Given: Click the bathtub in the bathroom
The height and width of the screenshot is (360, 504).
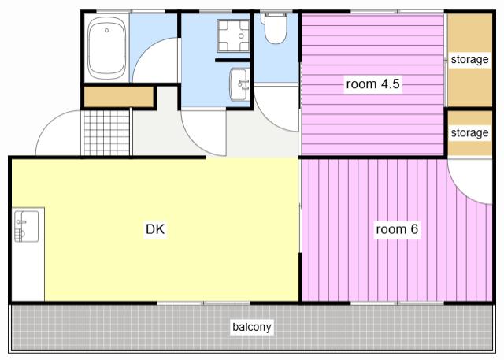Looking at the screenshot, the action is [x=107, y=47].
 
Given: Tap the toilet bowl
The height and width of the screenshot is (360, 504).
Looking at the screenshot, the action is [x=276, y=30].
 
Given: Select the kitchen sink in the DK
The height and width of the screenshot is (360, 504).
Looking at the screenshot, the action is [x=26, y=226].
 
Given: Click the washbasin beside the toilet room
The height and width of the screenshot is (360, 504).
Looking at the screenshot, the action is [x=239, y=84].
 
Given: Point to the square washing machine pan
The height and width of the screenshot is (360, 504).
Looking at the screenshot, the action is [x=233, y=35].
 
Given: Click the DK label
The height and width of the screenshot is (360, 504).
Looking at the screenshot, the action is [x=155, y=229].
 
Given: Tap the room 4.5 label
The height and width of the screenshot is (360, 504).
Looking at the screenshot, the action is [x=372, y=84].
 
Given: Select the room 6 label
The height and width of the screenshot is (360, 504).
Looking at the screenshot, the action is [x=397, y=229].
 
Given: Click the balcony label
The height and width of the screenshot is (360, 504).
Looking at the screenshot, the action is [x=252, y=327].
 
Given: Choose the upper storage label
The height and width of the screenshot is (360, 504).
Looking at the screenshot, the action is [x=469, y=59].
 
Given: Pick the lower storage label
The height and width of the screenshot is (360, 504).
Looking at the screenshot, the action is [x=469, y=133].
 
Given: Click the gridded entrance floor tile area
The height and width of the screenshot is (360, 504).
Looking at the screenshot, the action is [x=107, y=133].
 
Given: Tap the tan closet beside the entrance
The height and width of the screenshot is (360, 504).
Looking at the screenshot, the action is [x=119, y=97].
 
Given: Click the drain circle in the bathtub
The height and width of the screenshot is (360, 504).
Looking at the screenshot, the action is [x=107, y=31].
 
